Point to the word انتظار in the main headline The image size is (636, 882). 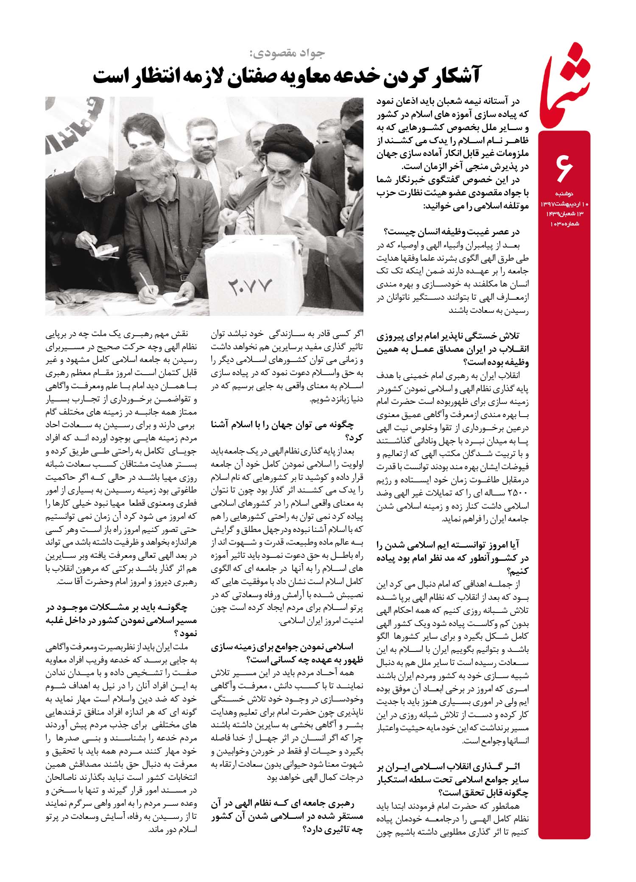click(152, 77)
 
